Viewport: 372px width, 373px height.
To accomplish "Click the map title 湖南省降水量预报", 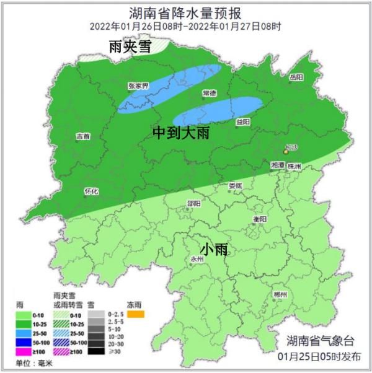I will tap(186, 12).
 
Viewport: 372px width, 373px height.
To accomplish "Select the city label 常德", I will tap(209, 93).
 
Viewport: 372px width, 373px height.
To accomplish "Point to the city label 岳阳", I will tap(296, 77).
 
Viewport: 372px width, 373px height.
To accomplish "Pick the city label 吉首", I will tap(82, 136).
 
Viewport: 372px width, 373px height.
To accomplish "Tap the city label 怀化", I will tap(91, 191).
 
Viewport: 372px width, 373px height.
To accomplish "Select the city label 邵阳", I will tap(193, 203).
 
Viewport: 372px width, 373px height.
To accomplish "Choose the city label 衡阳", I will tap(260, 219).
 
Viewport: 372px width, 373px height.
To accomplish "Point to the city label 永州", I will tap(197, 260).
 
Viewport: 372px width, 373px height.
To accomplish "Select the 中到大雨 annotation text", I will tap(184, 133).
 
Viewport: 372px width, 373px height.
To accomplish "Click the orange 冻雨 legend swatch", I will tap(136, 314).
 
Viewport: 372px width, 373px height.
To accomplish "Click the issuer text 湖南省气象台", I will tap(321, 341).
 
